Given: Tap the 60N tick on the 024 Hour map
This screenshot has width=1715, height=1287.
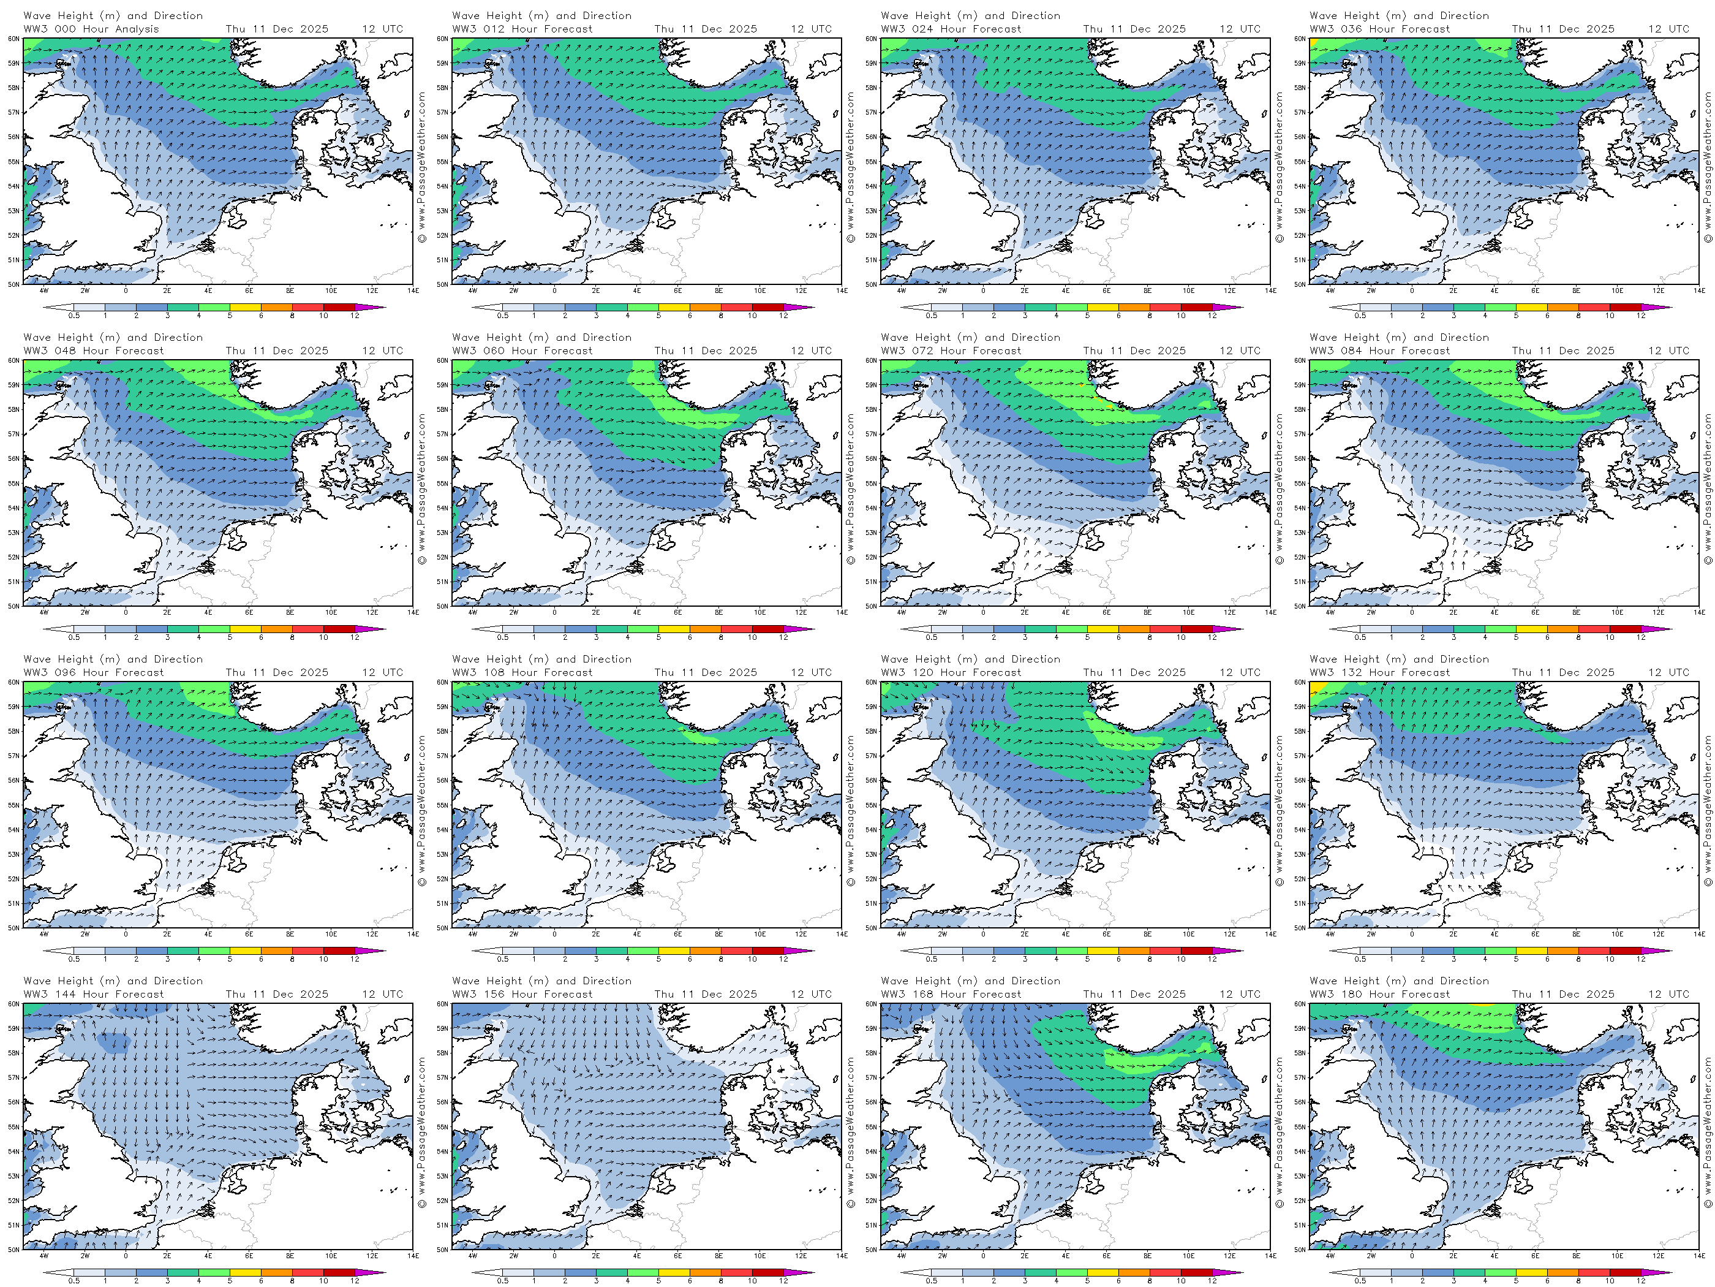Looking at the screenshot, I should tap(872, 38).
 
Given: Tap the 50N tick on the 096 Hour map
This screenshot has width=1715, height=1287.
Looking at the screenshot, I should tap(14, 928).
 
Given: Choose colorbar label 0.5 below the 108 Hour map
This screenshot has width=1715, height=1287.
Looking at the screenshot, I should tap(502, 960).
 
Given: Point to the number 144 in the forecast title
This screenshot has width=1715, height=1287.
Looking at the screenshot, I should tap(65, 995).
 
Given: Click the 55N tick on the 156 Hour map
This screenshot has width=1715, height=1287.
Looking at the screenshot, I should tap(443, 1127).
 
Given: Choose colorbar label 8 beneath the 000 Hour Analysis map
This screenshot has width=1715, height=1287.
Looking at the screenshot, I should tap(292, 316).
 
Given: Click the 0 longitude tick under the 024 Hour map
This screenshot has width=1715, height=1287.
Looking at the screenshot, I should tap(983, 291).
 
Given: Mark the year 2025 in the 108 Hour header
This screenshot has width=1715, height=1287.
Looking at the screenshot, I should tap(743, 672).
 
